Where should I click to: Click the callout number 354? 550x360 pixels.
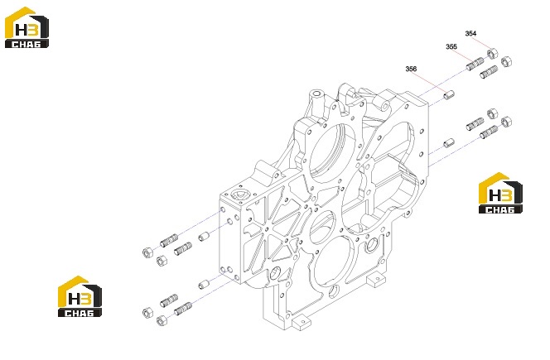[x=470, y=34]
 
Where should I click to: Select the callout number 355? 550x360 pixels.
[x=451, y=46]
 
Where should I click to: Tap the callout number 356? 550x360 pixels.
[x=411, y=69]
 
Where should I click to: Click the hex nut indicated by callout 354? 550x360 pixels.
[x=492, y=54]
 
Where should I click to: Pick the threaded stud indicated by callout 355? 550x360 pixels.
[x=475, y=64]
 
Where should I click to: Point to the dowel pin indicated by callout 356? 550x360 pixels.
[x=449, y=94]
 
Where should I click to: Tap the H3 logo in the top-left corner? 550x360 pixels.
[x=27, y=27]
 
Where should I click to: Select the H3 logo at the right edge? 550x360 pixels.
[x=500, y=193]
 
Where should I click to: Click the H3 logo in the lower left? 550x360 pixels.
[x=80, y=296]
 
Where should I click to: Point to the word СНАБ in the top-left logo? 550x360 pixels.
[x=27, y=44]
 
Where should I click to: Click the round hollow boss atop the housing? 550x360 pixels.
[x=316, y=94]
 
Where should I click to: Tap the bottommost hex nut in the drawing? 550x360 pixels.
[x=162, y=320]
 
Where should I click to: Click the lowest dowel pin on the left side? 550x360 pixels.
[x=204, y=284]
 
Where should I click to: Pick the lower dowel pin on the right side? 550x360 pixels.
[x=449, y=142]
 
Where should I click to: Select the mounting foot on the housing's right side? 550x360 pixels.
[x=377, y=280]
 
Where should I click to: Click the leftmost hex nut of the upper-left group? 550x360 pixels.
[x=147, y=252]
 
